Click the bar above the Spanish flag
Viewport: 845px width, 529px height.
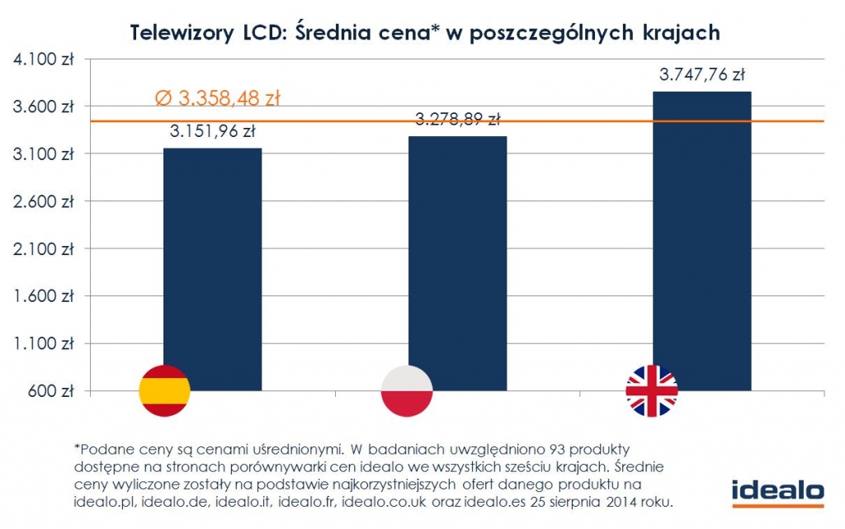[212, 256]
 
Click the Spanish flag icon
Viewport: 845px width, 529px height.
[165, 390]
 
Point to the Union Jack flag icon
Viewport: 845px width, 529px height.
[652, 390]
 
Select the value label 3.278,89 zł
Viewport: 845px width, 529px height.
[457, 119]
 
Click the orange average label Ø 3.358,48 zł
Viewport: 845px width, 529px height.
[218, 99]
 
